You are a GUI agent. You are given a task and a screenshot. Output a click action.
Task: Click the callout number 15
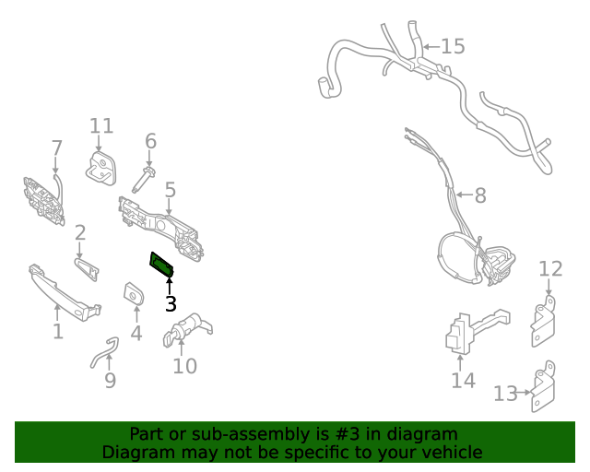(453, 46)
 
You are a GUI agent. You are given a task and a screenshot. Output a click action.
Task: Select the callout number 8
(479, 195)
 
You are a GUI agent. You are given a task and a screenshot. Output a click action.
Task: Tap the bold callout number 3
(170, 302)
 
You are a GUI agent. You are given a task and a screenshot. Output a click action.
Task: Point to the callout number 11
(101, 126)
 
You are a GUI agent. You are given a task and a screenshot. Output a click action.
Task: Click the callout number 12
(550, 268)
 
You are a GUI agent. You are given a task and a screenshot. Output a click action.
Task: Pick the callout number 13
(504, 394)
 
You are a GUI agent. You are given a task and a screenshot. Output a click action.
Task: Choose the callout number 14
(463, 380)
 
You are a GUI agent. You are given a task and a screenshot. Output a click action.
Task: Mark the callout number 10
(184, 366)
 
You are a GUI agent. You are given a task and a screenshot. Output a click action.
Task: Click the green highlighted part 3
(161, 264)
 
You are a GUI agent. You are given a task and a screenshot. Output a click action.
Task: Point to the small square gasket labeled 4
(133, 295)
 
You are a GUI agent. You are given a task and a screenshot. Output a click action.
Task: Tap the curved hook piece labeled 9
(103, 351)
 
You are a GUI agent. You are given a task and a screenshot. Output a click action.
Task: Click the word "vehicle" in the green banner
(452, 452)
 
